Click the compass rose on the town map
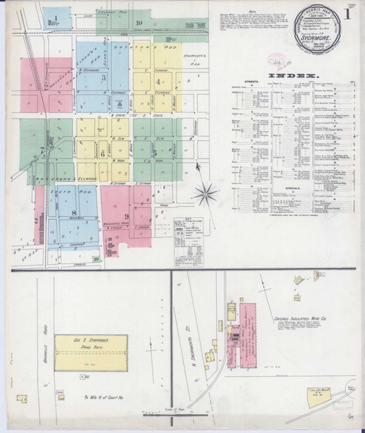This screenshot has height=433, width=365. (207, 193)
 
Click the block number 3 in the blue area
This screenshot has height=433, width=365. (104, 77)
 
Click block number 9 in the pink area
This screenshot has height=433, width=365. (126, 216)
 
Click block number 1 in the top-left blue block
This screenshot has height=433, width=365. (55, 15)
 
